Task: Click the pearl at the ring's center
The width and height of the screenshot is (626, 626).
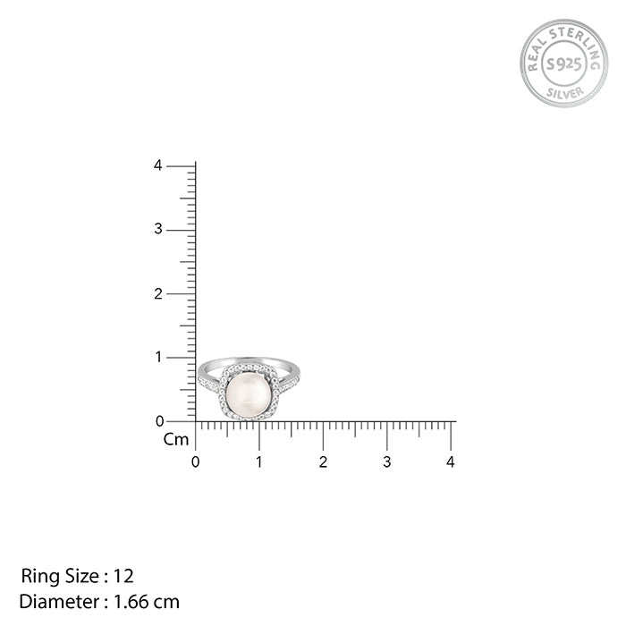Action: point(249,393)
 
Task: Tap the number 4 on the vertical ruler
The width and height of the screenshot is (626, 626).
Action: point(158,165)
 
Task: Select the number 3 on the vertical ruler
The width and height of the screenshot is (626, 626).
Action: point(158,229)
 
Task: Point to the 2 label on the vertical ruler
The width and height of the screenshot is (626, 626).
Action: point(158,294)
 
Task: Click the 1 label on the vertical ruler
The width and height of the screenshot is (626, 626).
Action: point(158,357)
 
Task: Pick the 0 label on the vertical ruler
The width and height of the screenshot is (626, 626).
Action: point(159,421)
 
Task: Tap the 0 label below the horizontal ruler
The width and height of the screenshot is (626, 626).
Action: point(195,462)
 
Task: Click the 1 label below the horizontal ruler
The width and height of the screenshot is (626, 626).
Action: point(259,462)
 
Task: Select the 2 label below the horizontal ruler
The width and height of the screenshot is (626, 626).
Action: point(323,462)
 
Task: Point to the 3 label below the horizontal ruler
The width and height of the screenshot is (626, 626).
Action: point(387,462)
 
